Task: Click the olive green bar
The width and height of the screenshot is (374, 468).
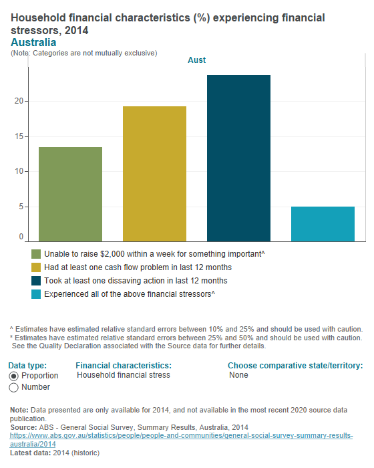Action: pos(71,194)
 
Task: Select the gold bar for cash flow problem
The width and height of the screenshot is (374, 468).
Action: pos(154,174)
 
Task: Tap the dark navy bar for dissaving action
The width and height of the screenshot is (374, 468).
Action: pos(238,158)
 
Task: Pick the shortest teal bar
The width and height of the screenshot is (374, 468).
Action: pos(323,223)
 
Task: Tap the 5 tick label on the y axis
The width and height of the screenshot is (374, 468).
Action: pos(21,207)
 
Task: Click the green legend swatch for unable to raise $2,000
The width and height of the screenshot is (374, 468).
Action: pos(36,254)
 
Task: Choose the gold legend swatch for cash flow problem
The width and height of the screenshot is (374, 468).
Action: pos(36,267)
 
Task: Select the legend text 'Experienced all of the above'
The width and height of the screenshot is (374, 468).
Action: pos(129,294)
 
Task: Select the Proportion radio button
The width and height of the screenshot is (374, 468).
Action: pos(13,376)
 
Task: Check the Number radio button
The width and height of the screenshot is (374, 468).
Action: pos(13,388)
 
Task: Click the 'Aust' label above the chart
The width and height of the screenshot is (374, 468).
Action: pos(196,60)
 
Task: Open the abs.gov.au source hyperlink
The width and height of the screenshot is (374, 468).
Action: pos(180,439)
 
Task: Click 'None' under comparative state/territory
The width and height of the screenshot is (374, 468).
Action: pos(238,375)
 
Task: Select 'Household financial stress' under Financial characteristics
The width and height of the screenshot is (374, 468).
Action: pos(124,375)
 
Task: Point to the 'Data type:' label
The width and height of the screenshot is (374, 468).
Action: pos(27,366)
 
